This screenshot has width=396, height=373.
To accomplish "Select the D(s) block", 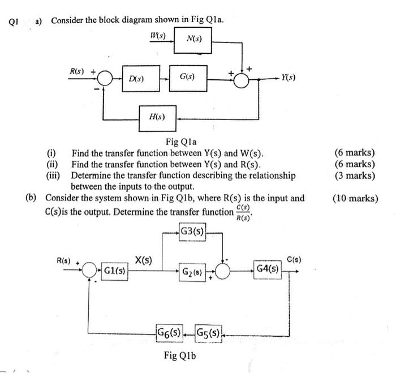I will [136, 79].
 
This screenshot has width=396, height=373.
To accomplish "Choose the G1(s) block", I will [114, 271].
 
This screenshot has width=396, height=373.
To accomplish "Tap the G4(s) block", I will [267, 269].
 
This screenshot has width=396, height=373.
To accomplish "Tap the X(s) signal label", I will [143, 260].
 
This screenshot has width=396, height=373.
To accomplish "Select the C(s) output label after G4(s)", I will [293, 260].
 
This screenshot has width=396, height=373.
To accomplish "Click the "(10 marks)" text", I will [356, 199].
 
